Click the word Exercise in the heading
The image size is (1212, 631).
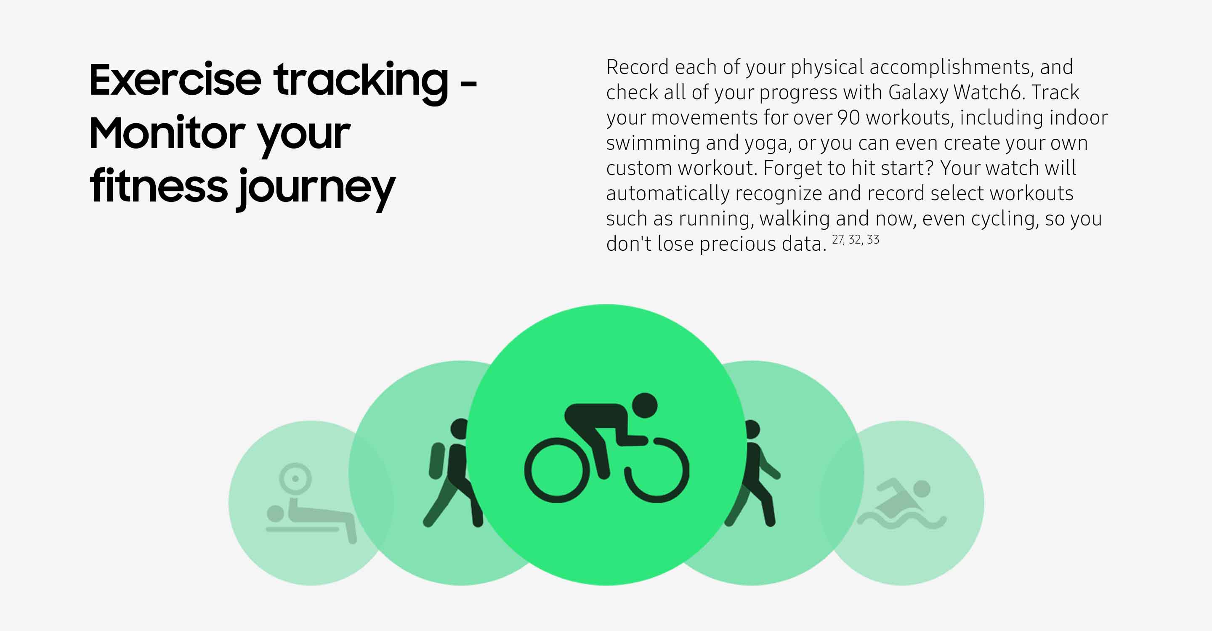point(175,80)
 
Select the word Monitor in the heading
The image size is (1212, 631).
point(167,133)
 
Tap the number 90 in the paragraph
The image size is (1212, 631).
point(848,117)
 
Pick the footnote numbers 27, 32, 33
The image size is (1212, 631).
point(856,240)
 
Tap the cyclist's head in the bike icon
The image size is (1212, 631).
point(644,405)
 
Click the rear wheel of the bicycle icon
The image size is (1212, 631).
point(557,470)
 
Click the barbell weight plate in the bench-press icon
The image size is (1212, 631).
point(295,479)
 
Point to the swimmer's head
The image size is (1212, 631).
point(922,488)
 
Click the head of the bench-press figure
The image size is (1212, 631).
point(275,514)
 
